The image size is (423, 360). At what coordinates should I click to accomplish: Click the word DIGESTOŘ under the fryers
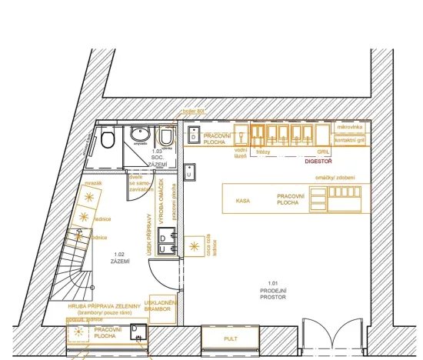coord(318,162)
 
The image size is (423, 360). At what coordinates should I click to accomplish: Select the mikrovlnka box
coord(351,126)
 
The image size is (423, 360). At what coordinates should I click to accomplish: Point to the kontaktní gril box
coord(351,141)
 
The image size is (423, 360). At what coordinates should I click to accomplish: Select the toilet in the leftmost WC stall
coord(107,139)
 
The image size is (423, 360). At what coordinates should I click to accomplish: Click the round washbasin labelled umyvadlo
coord(140,134)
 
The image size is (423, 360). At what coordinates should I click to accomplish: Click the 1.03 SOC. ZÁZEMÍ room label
coord(158,158)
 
